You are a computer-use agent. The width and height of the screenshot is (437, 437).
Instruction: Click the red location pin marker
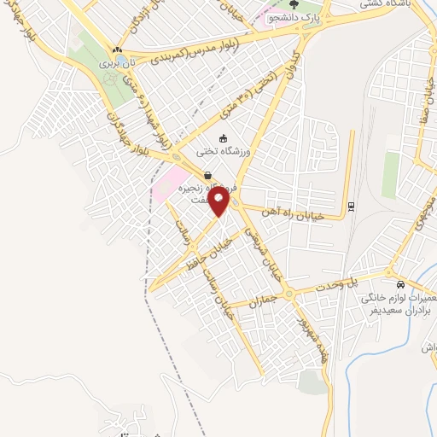tap(219, 201)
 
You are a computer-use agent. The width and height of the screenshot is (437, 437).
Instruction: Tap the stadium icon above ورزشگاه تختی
tap(224, 138)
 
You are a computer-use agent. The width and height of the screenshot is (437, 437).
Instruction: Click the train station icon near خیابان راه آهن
tap(351, 206)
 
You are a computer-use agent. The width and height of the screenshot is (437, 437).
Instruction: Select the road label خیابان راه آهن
tap(317, 217)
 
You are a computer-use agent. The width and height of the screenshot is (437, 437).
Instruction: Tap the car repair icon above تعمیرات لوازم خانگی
tap(400, 284)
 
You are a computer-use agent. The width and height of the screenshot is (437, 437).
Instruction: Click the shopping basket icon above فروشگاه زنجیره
tap(209, 175)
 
